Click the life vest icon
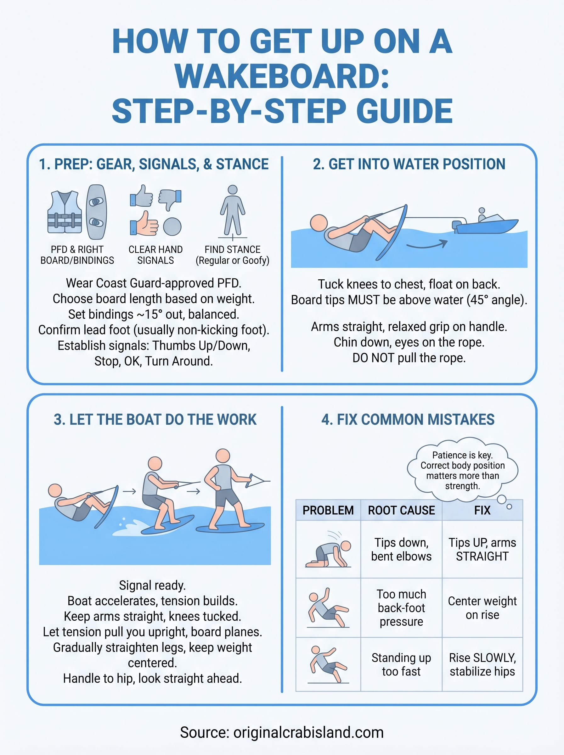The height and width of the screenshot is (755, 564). click(x=64, y=212)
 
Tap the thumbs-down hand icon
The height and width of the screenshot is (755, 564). click(x=170, y=199)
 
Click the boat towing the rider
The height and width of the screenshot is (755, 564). click(x=486, y=223)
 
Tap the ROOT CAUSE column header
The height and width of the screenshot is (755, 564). click(x=401, y=510)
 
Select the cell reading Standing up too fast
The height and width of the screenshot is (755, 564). click(x=401, y=665)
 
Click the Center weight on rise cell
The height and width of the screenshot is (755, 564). click(x=482, y=608)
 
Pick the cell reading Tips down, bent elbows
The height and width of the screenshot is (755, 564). click(x=401, y=549)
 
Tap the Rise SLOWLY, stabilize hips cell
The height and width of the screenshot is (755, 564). click(x=482, y=665)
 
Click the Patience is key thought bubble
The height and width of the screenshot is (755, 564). click(x=462, y=470)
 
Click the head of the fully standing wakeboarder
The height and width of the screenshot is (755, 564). click(x=223, y=456)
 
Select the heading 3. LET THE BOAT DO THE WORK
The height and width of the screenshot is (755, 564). click(x=155, y=419)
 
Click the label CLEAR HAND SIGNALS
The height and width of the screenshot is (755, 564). click(x=155, y=255)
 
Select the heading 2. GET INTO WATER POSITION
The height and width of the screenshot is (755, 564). click(x=409, y=164)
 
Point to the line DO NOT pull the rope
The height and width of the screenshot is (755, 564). click(x=409, y=358)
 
